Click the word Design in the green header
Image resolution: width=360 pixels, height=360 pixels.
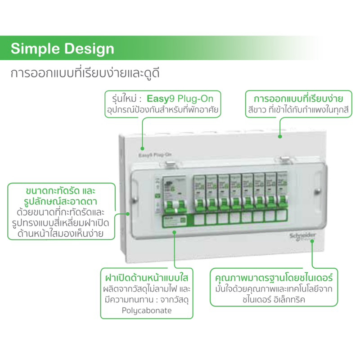pyautogui.click(x=85, y=49)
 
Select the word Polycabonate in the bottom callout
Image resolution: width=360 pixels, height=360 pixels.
pyautogui.click(x=147, y=310)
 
